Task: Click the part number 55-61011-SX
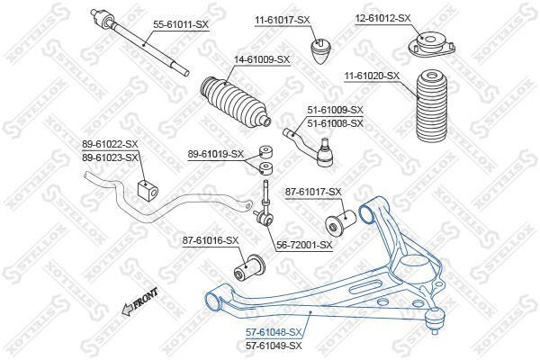181,24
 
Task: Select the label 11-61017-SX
283,20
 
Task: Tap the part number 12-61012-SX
383,18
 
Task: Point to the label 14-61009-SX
262,59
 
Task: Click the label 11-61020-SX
372,76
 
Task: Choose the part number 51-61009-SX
335,110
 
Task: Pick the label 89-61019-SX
216,154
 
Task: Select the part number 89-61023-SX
110,157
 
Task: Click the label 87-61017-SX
313,192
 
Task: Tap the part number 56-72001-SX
304,245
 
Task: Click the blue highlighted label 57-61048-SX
274,332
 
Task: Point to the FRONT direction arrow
139,302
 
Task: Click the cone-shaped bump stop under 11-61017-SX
321,51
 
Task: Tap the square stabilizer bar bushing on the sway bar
148,191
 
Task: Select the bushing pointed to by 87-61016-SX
249,268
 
